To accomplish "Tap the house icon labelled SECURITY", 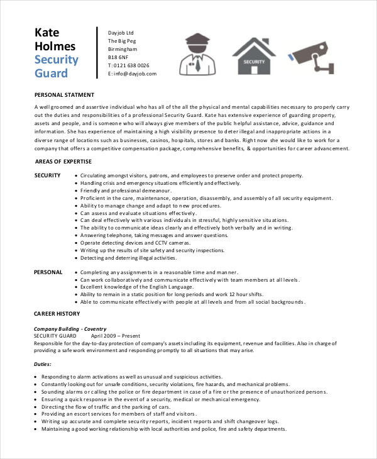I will [x=254, y=54].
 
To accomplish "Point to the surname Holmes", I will [x=55, y=47].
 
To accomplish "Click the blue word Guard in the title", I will [x=51, y=74].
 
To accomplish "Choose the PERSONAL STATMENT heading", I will [x=64, y=95].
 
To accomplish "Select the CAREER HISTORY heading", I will [x=57, y=313].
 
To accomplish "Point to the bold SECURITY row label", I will [x=47, y=175].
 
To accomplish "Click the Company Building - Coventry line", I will [x=70, y=329].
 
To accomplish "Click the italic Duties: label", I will [x=43, y=364].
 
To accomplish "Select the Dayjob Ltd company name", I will [x=121, y=33].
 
